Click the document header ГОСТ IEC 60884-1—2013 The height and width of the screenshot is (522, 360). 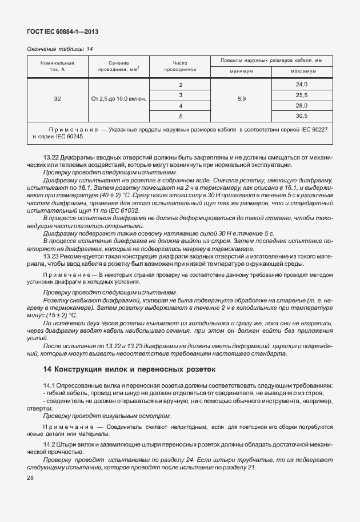(59, 33)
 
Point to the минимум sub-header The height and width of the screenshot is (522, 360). (242, 71)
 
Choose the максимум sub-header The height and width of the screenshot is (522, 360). (302, 71)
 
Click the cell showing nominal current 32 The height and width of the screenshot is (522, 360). (57, 99)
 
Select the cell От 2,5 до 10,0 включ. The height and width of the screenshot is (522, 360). (118, 99)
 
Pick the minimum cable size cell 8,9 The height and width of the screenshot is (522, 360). (242, 99)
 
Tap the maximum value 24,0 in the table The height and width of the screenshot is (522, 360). (302, 85)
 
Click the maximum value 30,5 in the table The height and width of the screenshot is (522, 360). (302, 116)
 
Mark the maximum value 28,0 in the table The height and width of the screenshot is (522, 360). (302, 106)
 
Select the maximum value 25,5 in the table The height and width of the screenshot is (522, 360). (302, 95)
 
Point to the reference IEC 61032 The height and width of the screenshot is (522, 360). (120, 210)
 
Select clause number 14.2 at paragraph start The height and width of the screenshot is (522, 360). (49, 443)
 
